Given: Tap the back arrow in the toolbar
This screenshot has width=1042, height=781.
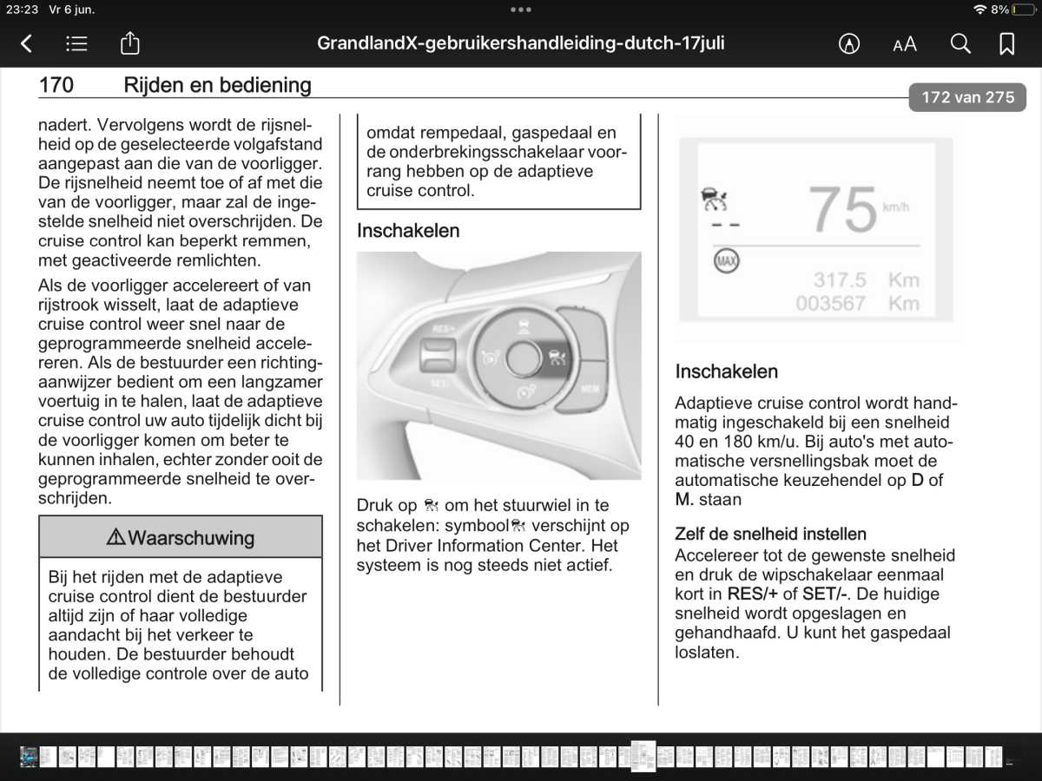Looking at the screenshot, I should tap(27, 43).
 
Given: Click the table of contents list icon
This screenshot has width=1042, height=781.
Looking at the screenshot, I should tap(76, 43).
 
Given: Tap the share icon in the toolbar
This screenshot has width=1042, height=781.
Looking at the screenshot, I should tap(129, 43).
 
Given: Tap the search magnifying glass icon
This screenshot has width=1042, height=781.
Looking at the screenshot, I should tap(960, 43).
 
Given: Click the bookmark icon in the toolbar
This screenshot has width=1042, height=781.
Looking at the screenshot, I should tap(1007, 43).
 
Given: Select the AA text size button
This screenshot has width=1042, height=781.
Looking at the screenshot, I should tap(905, 44).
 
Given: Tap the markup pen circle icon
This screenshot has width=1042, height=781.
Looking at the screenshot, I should tap(849, 43).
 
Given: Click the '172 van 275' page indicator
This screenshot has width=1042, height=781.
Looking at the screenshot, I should tap(967, 97).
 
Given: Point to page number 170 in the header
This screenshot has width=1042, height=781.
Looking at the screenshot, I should tap(56, 85).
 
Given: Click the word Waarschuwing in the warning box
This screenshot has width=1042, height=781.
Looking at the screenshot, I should tap(191, 538).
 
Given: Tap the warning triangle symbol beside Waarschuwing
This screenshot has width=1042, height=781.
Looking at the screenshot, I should tap(115, 538).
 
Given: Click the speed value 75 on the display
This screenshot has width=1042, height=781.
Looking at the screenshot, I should tap(842, 210).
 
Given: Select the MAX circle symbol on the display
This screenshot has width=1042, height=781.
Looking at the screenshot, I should tap(726, 260).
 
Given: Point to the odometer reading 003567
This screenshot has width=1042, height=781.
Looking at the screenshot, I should tap(830, 303).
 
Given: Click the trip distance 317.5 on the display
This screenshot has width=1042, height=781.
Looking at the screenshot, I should tap(840, 279).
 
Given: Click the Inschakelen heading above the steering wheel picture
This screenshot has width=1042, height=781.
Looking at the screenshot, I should tap(408, 231).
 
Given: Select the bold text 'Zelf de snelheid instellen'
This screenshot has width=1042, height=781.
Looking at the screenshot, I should tap(770, 534).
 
